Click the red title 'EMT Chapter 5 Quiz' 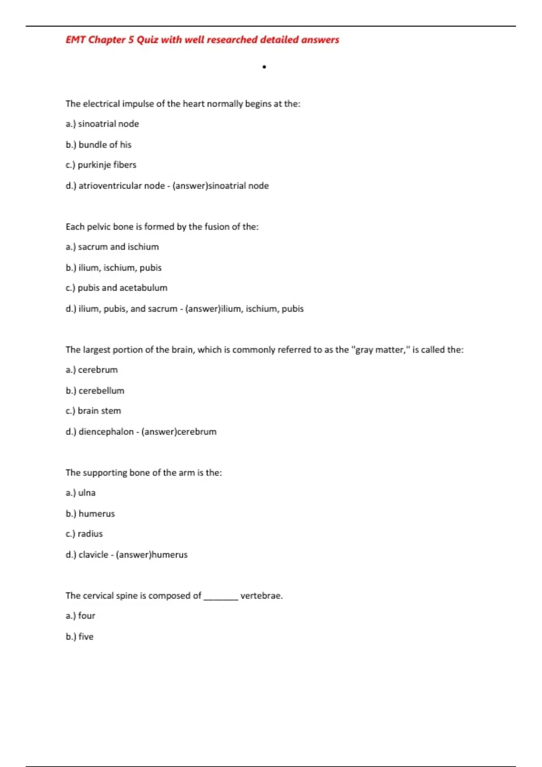point(202,40)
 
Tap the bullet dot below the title point(264,67)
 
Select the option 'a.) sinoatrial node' point(102,124)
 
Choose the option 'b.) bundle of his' point(98,145)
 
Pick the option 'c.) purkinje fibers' point(101,165)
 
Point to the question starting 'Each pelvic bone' point(162,227)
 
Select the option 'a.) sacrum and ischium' point(112,247)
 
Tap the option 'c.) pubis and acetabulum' point(116,288)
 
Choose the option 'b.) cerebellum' point(95,391)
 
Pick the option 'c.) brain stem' point(93,411)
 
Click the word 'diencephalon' point(106,432)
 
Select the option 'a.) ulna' point(80,493)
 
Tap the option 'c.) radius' point(84,534)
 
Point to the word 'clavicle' point(93,555)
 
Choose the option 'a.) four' point(80,616)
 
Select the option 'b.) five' point(79,637)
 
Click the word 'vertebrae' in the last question point(261,596)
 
